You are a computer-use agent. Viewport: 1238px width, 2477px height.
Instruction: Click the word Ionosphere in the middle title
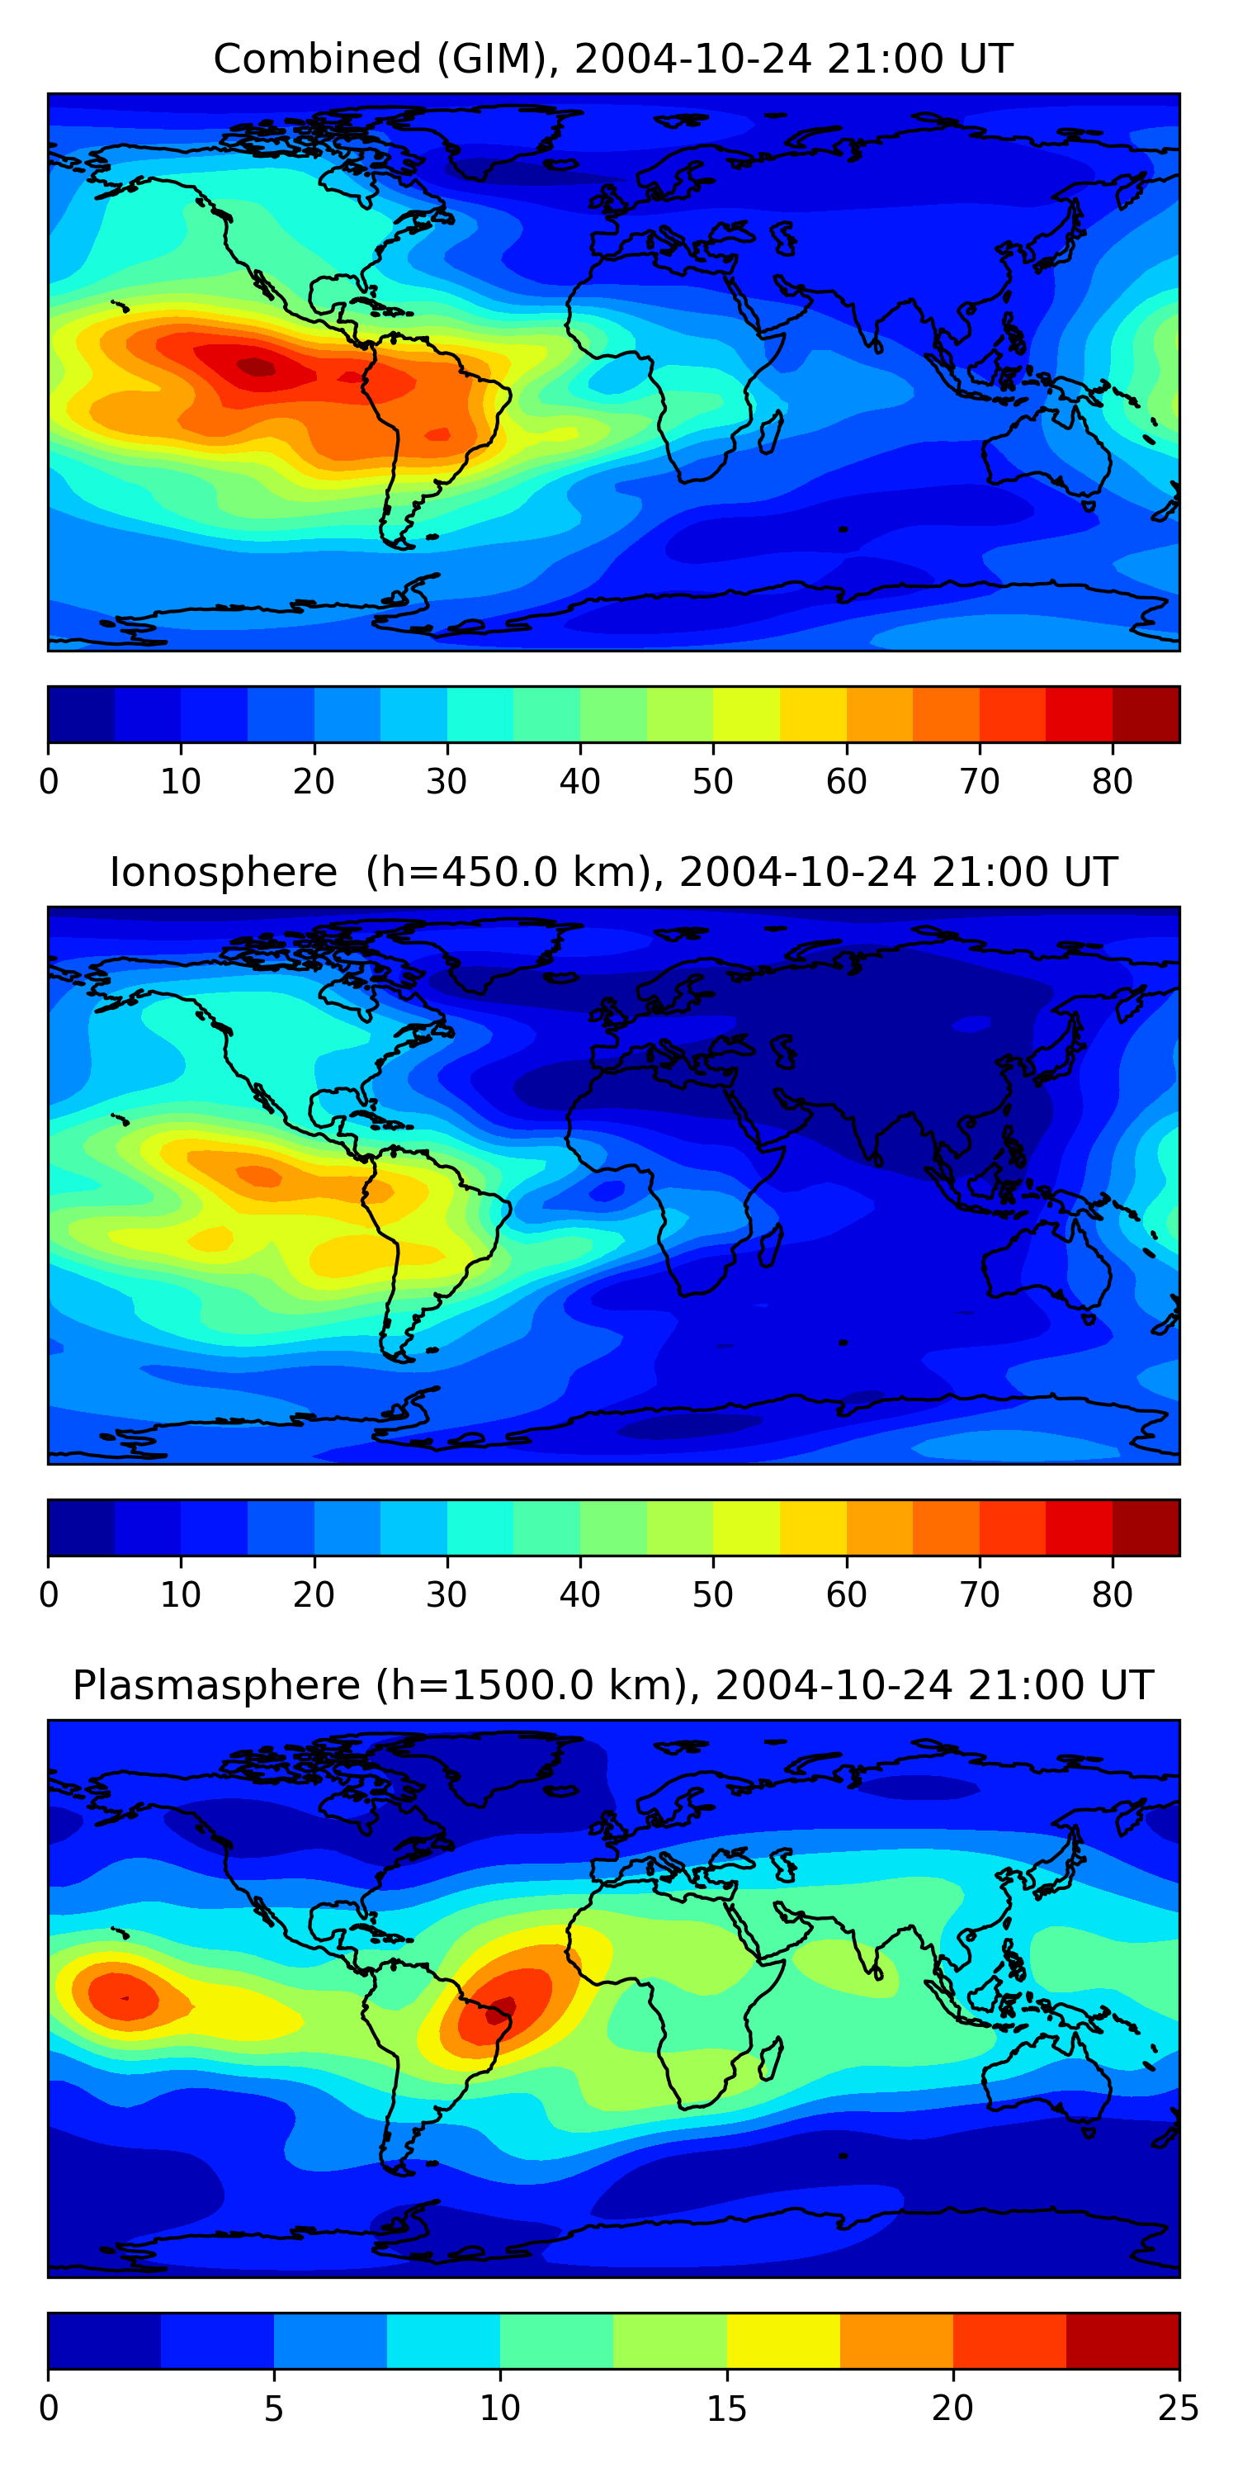[x=223, y=873]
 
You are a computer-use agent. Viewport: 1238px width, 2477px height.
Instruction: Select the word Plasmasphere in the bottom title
[x=216, y=1686]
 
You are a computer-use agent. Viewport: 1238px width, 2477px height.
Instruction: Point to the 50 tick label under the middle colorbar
[x=712, y=1595]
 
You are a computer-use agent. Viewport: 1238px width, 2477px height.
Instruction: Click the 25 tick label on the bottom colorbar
[x=1178, y=2408]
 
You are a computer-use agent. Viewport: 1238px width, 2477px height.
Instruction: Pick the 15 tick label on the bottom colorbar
[x=725, y=2408]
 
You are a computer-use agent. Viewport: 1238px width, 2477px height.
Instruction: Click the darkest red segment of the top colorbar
[x=1146, y=714]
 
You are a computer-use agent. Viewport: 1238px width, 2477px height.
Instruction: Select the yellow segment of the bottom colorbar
[x=782, y=2341]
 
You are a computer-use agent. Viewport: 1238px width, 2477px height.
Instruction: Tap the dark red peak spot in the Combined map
[x=256, y=366]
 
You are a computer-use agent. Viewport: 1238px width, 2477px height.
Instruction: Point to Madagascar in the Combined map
[x=771, y=432]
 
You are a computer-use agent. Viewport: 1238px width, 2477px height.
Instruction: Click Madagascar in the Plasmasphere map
[x=771, y=2058]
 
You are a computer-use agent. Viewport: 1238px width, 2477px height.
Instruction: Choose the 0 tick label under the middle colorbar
[x=49, y=1595]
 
